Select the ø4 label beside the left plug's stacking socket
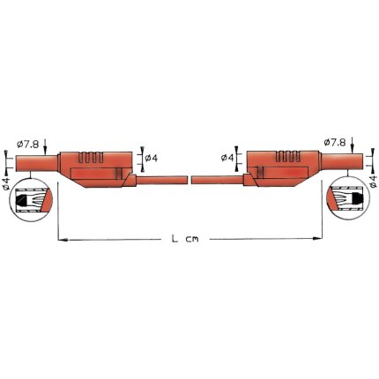click(x=151, y=158)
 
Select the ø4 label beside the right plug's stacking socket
click(x=227, y=158)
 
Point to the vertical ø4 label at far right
click(x=373, y=183)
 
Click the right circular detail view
click(x=346, y=202)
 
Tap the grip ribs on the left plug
click(x=92, y=159)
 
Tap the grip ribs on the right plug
click(x=286, y=159)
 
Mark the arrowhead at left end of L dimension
click(x=61, y=239)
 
